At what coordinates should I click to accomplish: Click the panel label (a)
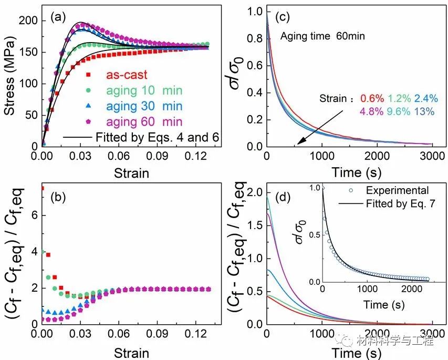(57, 16)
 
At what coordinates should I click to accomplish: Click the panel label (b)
(57, 198)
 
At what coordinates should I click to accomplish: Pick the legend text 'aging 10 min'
(144, 90)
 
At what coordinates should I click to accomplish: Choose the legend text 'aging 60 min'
(144, 122)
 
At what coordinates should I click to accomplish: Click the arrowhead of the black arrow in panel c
(297, 142)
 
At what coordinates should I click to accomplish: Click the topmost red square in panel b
(42, 188)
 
